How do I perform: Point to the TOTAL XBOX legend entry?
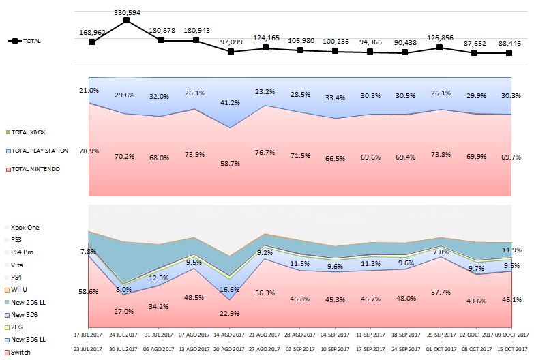click(28, 132)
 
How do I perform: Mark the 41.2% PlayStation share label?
click(231, 103)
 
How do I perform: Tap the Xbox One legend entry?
click(25, 227)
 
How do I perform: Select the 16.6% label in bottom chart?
click(231, 290)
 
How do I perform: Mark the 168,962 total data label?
click(92, 31)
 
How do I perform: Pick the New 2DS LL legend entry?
click(27, 302)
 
